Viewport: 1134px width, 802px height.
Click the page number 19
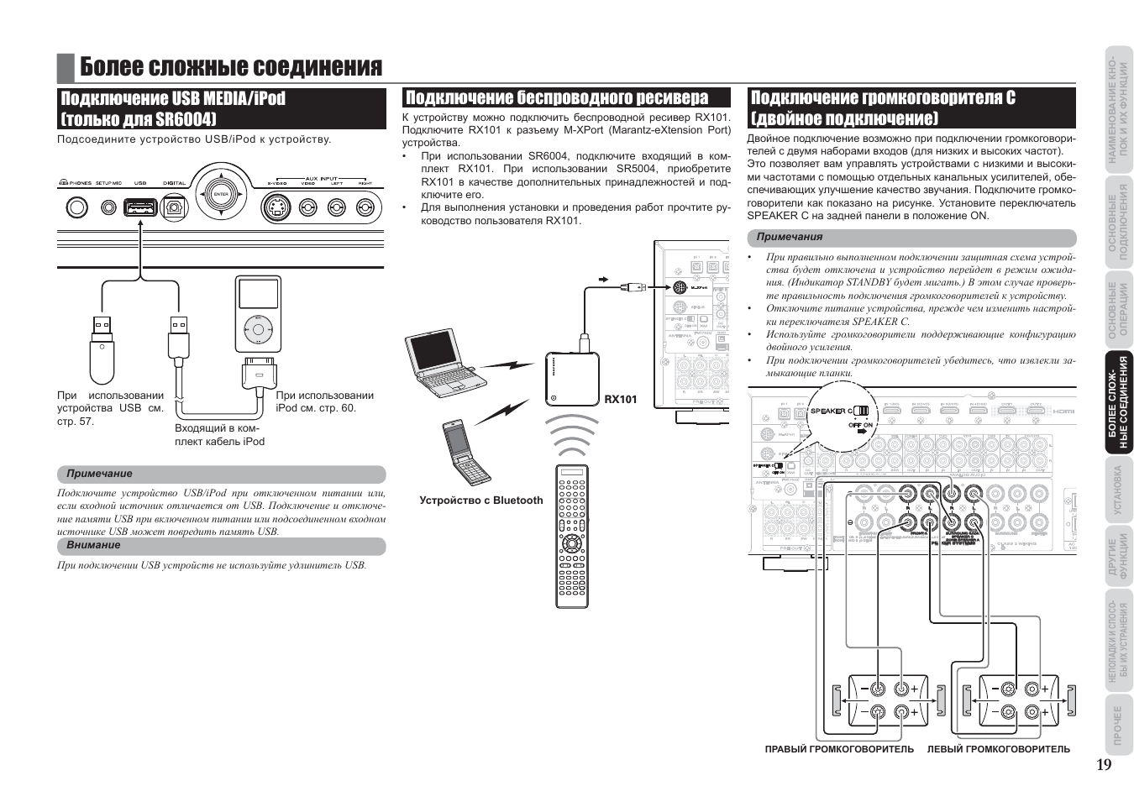[1103, 764]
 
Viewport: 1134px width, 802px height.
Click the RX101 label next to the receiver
[621, 399]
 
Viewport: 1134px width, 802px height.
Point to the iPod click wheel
[258, 329]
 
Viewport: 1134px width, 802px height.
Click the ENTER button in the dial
[221, 195]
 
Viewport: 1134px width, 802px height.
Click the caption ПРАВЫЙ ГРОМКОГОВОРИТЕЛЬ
[839, 749]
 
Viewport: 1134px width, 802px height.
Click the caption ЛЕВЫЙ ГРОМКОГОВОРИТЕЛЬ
[998, 749]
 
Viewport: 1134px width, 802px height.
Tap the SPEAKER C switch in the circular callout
[860, 411]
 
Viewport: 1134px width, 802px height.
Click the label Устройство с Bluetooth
[481, 501]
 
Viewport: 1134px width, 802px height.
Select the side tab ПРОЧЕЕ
[1117, 724]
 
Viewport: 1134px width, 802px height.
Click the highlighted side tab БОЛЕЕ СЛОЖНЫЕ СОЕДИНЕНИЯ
[1117, 404]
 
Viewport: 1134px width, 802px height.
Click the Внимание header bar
[221, 545]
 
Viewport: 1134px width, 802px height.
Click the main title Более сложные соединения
[231, 67]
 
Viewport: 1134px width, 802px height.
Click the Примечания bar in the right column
[911, 238]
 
